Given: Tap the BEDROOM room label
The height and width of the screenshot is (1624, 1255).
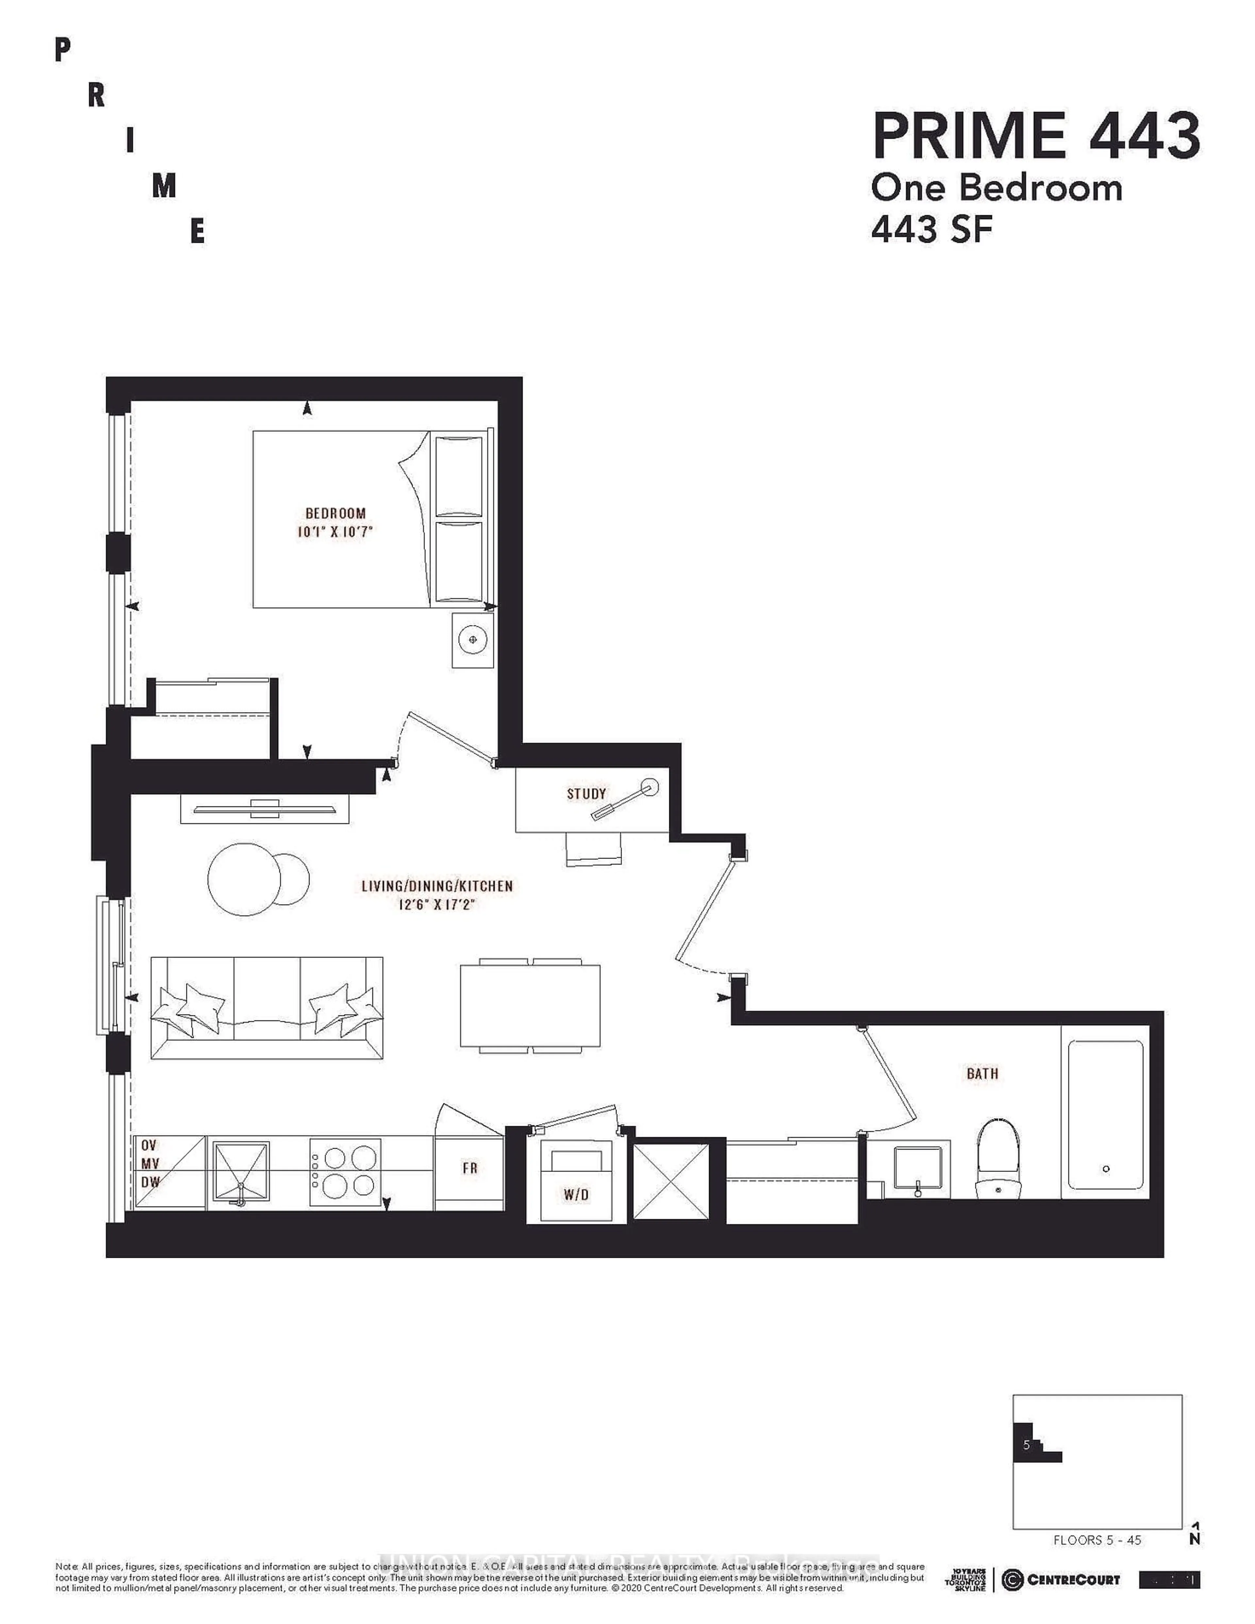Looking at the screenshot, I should click(335, 513).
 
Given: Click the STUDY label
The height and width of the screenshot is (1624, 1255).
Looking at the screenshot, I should click(586, 794).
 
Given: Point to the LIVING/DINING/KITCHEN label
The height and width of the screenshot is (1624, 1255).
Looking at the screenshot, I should click(437, 886).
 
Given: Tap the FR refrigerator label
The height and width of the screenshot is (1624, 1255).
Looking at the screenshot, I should click(470, 1168).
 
